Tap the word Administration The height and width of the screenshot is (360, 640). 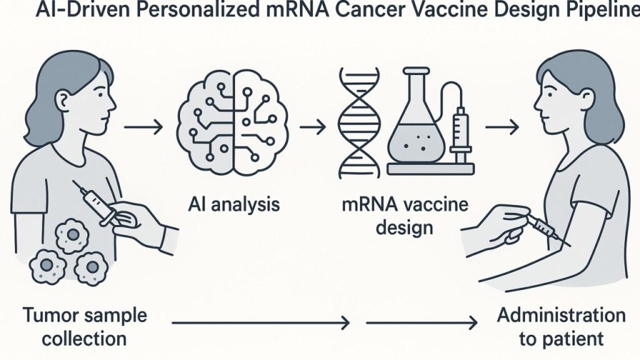561,314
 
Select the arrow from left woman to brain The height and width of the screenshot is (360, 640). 144,128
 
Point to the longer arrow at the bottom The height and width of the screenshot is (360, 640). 260,323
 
